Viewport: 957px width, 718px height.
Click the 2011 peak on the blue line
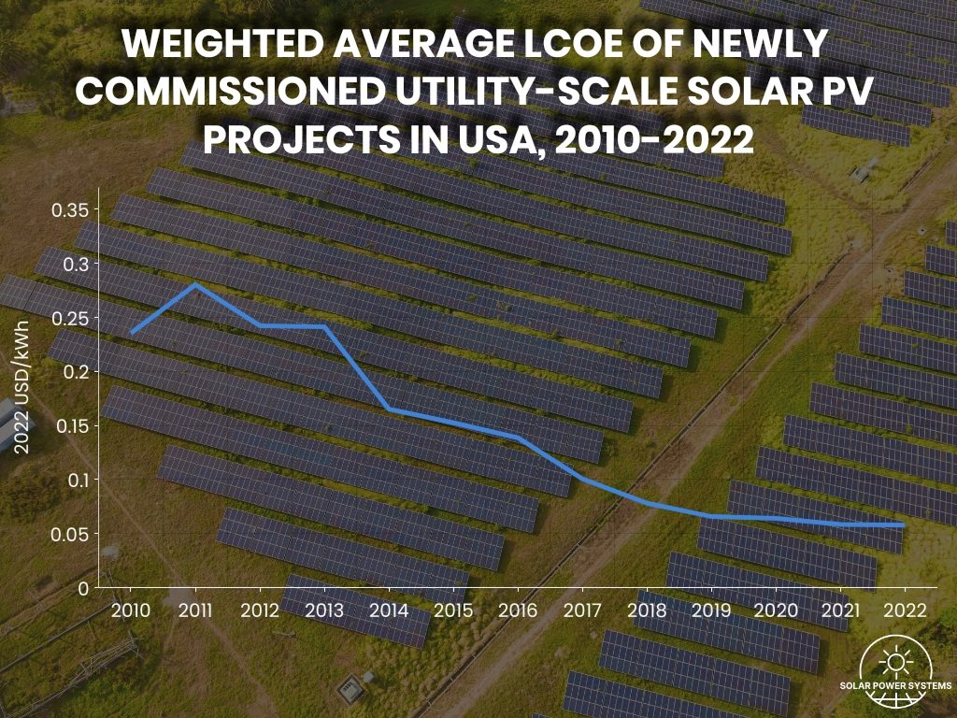click(x=194, y=284)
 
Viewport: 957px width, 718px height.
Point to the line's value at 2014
click(x=389, y=409)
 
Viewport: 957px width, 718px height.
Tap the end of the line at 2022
click(x=903, y=525)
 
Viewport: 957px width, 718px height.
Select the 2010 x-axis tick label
click(x=130, y=610)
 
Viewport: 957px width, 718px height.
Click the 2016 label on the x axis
click(x=518, y=610)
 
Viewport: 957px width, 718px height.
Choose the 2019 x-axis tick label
click(x=711, y=610)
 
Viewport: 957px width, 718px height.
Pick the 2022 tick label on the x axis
click(x=905, y=610)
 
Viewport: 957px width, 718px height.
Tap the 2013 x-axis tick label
click(x=324, y=610)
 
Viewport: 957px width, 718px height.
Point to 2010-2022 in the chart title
click(x=655, y=140)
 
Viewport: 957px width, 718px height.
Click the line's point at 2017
click(x=582, y=478)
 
